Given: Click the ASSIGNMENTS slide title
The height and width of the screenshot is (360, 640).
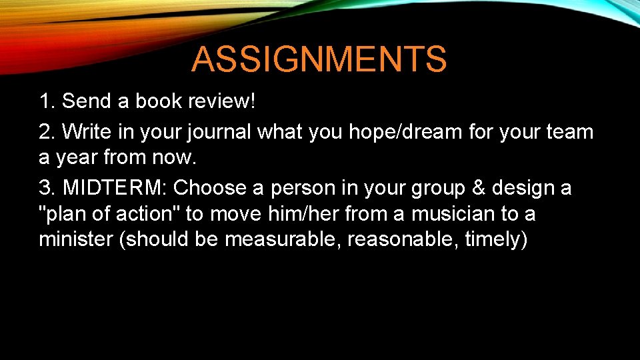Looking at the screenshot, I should tap(319, 59).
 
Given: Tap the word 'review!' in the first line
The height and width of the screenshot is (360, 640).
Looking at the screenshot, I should tap(223, 102).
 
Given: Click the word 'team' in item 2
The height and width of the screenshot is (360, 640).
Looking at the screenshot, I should tap(569, 132).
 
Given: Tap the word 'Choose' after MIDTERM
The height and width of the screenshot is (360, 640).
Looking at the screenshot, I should tap(209, 188).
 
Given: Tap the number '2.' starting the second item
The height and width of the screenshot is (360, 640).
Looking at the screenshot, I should tap(47, 132).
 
